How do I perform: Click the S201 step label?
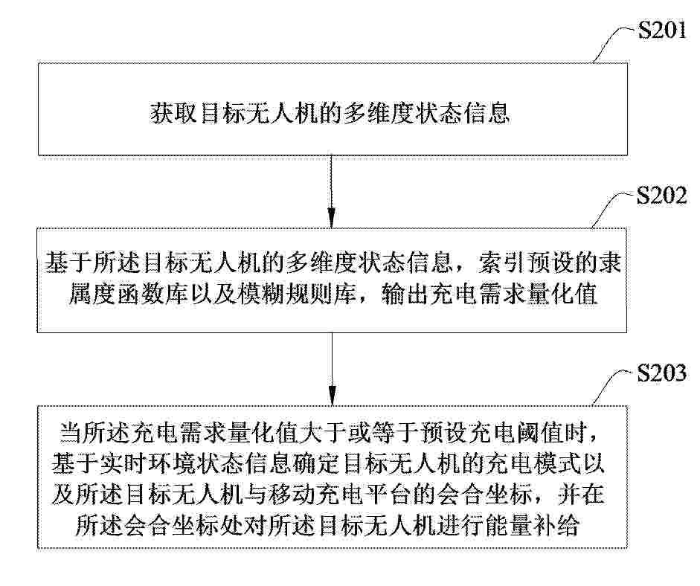pos(662,30)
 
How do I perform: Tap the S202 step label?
pos(661,196)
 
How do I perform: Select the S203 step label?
pos(661,373)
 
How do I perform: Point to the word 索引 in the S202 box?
pos(501,263)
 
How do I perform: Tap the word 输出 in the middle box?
pos(405,294)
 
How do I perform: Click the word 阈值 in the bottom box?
pos(539,433)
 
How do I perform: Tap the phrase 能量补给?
pos(531,525)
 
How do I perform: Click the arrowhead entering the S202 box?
pos(331,219)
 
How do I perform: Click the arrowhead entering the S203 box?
pos(332,396)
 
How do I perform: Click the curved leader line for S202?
pos(611,210)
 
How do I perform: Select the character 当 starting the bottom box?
pos(71,433)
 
